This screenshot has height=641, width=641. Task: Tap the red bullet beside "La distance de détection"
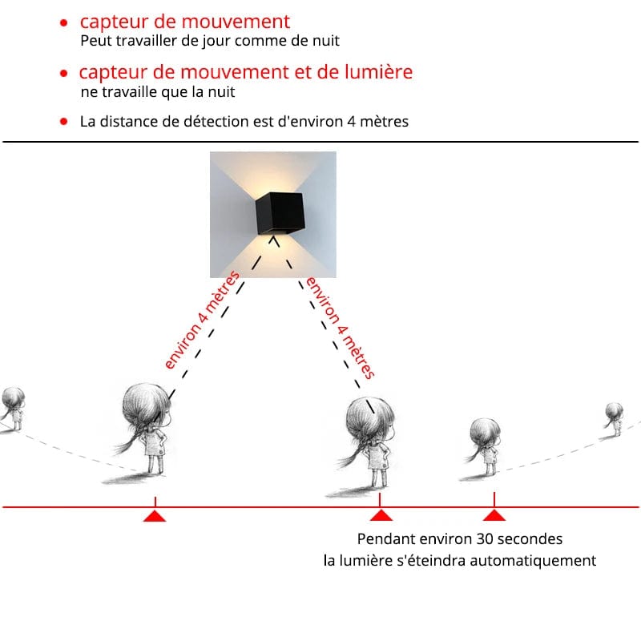pos(62,122)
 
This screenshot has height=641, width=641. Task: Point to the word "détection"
pos(240,122)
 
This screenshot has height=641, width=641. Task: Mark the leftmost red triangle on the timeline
pos(154,515)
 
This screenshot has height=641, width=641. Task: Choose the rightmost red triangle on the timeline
pos(494,515)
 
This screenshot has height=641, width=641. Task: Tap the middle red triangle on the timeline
pos(381,515)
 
